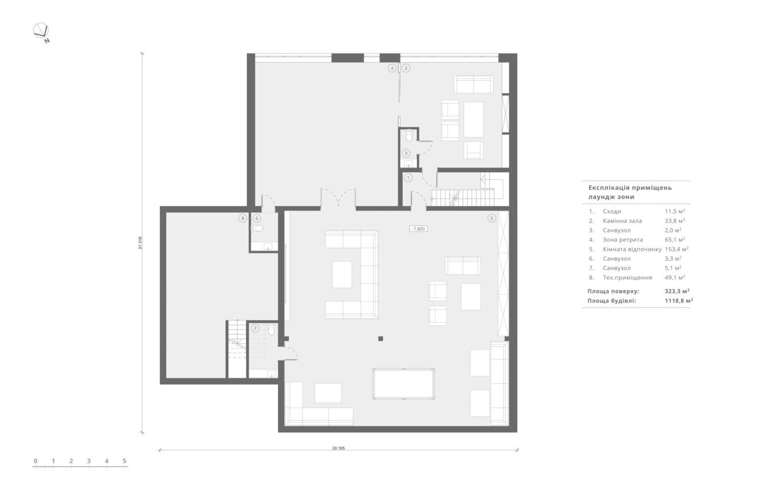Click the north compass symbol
click(41, 32)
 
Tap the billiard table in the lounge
click(404, 384)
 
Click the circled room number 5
click(491, 218)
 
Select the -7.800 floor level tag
click(418, 229)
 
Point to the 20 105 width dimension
click(338, 448)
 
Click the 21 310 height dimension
click(140, 243)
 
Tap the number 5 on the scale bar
click(125, 461)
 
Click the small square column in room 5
click(380, 339)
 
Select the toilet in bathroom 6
click(257, 228)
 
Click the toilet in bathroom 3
click(409, 136)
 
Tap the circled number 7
click(255, 328)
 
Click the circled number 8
click(243, 218)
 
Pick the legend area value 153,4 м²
click(677, 249)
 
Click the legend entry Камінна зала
click(623, 221)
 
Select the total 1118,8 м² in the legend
click(679, 301)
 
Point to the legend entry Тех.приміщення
click(628, 278)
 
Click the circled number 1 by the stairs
click(408, 178)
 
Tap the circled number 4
click(392, 68)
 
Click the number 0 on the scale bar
click(36, 461)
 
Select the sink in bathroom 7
click(271, 374)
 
